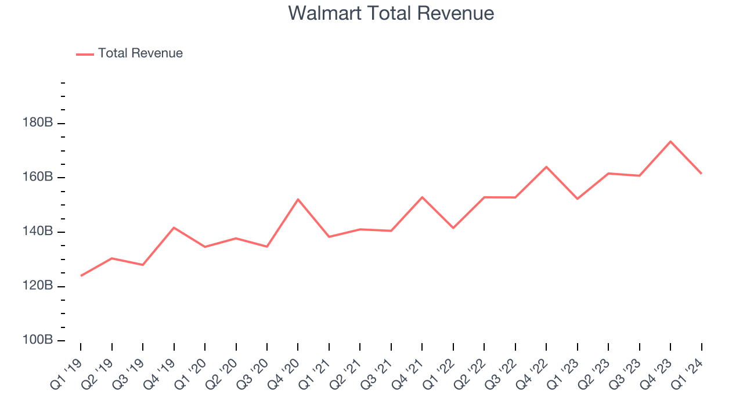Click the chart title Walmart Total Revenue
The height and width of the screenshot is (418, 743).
[x=391, y=13]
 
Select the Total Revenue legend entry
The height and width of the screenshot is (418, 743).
[x=140, y=53]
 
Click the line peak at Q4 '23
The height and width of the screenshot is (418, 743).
[x=670, y=141]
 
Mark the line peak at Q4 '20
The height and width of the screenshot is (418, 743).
[x=298, y=199]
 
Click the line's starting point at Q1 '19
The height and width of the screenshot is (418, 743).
[x=81, y=276]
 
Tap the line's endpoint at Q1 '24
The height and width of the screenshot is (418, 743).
[x=701, y=174]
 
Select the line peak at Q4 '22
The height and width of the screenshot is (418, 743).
[x=546, y=167]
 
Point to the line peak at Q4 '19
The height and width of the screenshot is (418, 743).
[x=174, y=228]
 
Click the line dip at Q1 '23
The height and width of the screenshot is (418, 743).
[x=577, y=199]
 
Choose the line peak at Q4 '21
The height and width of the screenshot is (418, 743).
[x=422, y=197]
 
